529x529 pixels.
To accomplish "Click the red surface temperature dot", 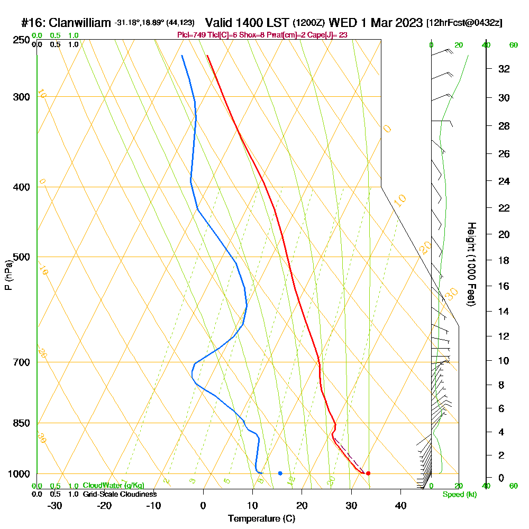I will click(x=368, y=473).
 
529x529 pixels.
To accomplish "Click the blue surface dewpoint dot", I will click(x=280, y=473).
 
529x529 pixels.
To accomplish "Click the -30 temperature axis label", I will click(x=55, y=506).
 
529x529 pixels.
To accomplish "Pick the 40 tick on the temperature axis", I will click(x=400, y=506).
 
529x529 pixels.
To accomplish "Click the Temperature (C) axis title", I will click(x=261, y=519).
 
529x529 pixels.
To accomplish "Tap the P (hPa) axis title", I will click(x=8, y=275).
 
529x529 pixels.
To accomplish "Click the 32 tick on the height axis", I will click(x=504, y=69).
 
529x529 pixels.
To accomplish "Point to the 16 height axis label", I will click(x=504, y=286).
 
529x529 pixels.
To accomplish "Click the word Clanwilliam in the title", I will click(x=80, y=23).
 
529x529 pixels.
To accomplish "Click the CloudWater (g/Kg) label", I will click(x=113, y=485).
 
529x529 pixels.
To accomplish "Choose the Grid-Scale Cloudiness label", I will click(x=120, y=494).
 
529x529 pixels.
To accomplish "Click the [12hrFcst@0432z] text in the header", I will click(x=464, y=23).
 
